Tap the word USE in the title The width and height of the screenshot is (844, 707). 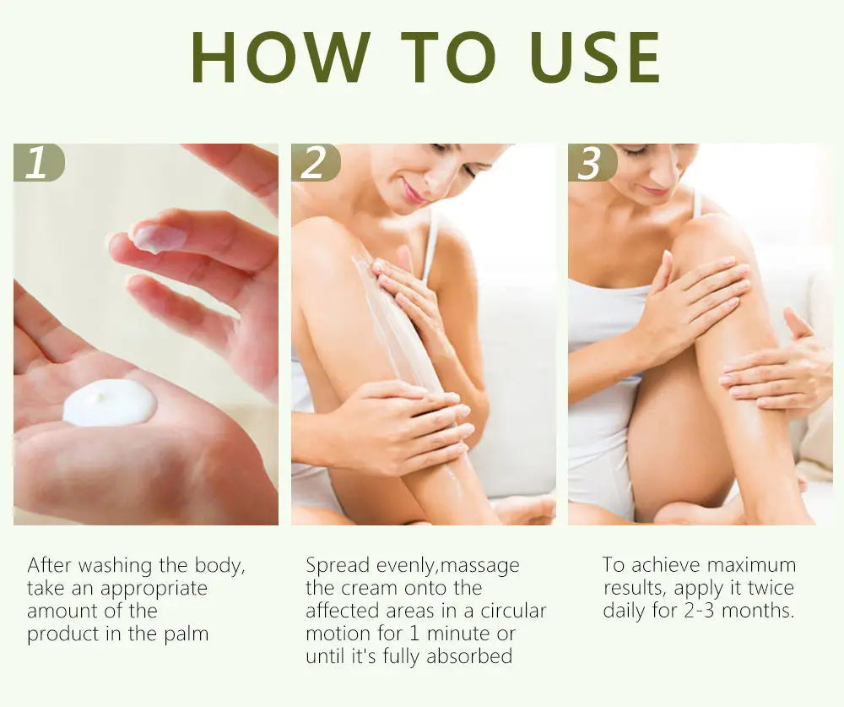coord(595,57)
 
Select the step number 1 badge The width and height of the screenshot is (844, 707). coord(39,162)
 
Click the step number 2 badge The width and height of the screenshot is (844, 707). coord(316,162)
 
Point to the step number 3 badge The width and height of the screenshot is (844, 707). coord(592,162)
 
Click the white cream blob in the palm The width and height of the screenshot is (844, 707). coord(109,403)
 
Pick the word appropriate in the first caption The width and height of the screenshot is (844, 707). coord(154,589)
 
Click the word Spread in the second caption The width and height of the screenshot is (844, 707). coord(338,566)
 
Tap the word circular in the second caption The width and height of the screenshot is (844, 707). coord(513,611)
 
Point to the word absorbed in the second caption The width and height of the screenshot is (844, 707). coord(469,656)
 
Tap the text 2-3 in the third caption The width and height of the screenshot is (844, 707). coord(699,611)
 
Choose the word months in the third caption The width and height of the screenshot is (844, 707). coord(758,611)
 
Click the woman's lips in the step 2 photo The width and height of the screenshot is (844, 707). coord(414,192)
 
